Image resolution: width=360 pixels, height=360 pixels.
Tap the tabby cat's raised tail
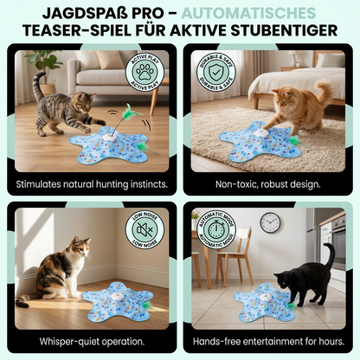tap(38, 86)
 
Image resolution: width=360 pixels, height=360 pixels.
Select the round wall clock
tap(270, 223)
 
